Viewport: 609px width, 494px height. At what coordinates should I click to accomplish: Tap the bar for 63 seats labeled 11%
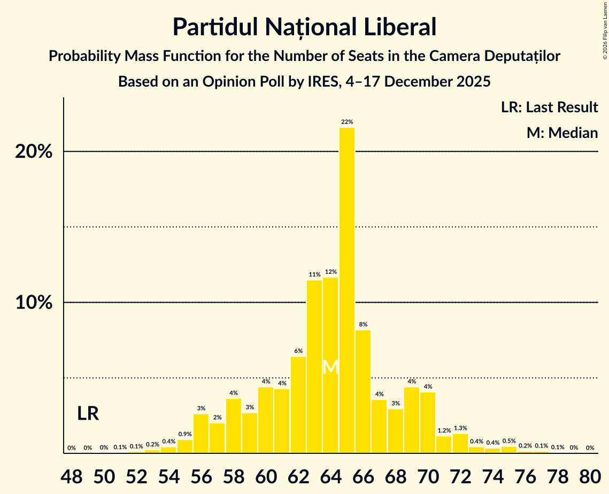pyautogui.click(x=314, y=366)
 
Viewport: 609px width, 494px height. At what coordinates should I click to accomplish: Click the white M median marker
pyautogui.click(x=331, y=367)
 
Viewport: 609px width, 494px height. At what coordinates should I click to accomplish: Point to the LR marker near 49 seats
pyautogui.click(x=88, y=413)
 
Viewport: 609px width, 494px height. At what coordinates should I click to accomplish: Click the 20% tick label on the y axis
pyautogui.click(x=34, y=152)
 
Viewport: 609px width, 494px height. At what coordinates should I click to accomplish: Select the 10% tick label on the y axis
pyautogui.click(x=34, y=303)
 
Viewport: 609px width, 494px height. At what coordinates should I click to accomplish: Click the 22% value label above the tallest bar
pyautogui.click(x=346, y=122)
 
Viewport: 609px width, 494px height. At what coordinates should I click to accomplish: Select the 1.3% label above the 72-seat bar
pyautogui.click(x=460, y=428)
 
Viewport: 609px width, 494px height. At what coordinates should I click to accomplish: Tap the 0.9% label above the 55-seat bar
pyautogui.click(x=185, y=434)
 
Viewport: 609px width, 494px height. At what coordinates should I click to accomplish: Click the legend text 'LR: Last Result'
pyautogui.click(x=549, y=107)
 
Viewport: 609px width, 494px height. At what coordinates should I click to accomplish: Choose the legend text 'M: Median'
pyautogui.click(x=562, y=133)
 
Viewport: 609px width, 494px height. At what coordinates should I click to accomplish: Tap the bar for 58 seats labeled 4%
pyautogui.click(x=234, y=426)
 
